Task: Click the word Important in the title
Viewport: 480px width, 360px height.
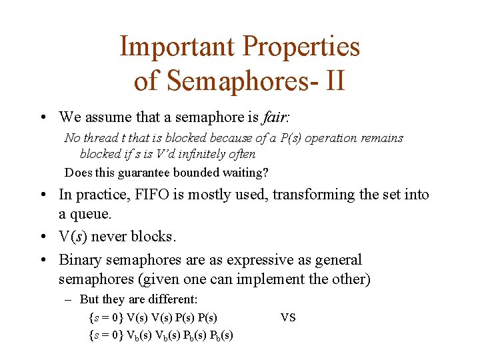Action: coord(178,47)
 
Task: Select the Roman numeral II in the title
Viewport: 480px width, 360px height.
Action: coord(335,81)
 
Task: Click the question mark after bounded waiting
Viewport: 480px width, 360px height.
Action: coord(265,173)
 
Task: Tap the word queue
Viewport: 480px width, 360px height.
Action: coord(93,213)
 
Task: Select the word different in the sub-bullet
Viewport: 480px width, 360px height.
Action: coord(174,300)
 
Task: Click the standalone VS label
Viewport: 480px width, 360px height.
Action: coord(288,317)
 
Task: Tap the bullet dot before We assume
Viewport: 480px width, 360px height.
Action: coord(42,118)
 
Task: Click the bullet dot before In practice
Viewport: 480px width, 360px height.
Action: coord(42,195)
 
